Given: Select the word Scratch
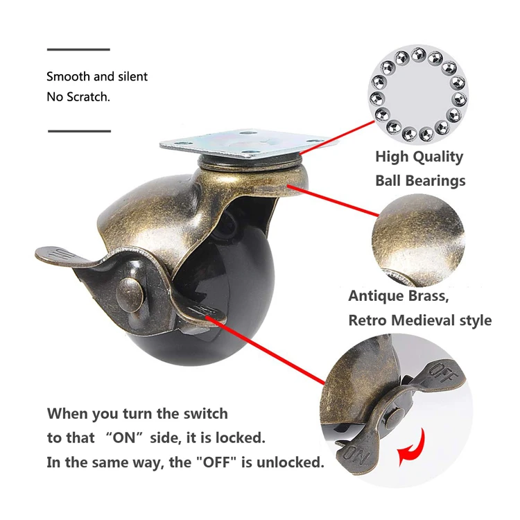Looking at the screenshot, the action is (87, 97).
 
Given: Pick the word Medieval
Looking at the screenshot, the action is (431, 320).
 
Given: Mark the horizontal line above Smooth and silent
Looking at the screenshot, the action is (78, 50).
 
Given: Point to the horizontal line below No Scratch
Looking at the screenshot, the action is (79, 130).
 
